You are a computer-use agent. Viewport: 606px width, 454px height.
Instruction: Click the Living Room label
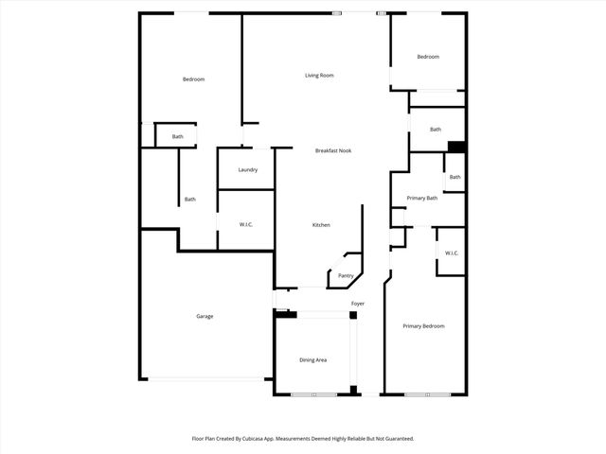click(x=318, y=76)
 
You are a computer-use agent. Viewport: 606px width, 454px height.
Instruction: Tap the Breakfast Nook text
click(x=332, y=150)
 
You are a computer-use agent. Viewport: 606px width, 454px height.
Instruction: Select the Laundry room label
click(x=248, y=170)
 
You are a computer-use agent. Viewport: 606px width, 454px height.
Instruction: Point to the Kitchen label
click(x=321, y=225)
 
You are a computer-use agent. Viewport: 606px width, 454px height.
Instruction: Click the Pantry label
click(x=346, y=276)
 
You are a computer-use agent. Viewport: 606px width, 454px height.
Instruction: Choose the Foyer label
click(x=358, y=304)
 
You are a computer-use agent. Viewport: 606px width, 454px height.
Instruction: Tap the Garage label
click(x=205, y=316)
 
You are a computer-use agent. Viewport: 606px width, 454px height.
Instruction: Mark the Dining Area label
click(x=313, y=360)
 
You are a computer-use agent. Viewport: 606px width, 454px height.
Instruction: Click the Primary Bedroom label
click(x=423, y=326)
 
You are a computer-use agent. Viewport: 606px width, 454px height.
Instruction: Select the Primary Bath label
click(x=421, y=199)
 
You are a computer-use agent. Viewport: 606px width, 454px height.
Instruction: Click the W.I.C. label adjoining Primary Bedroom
click(x=452, y=253)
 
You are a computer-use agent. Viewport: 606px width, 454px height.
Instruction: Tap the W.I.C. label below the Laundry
click(x=245, y=225)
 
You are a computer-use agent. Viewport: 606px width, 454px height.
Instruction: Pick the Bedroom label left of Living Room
click(x=193, y=79)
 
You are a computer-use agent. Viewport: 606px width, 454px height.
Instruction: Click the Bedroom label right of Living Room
click(x=428, y=57)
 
